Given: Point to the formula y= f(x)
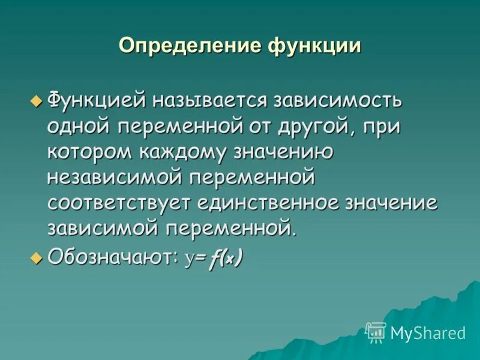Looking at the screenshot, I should (214, 259).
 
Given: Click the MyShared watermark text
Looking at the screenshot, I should (428, 332).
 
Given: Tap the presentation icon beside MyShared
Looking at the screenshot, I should (376, 332).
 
